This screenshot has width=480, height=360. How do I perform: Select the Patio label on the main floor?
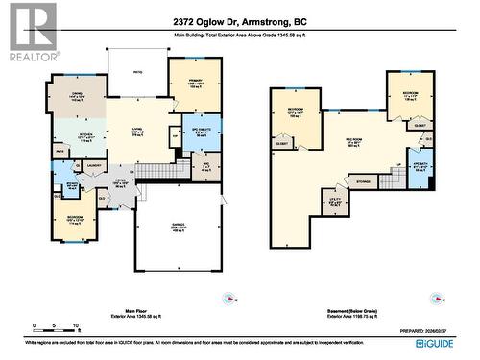point(137,71)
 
